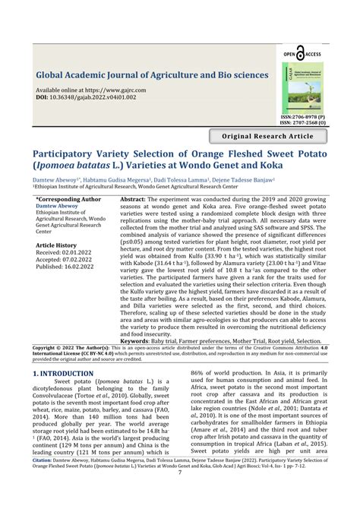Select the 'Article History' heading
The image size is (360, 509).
point(56,246)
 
